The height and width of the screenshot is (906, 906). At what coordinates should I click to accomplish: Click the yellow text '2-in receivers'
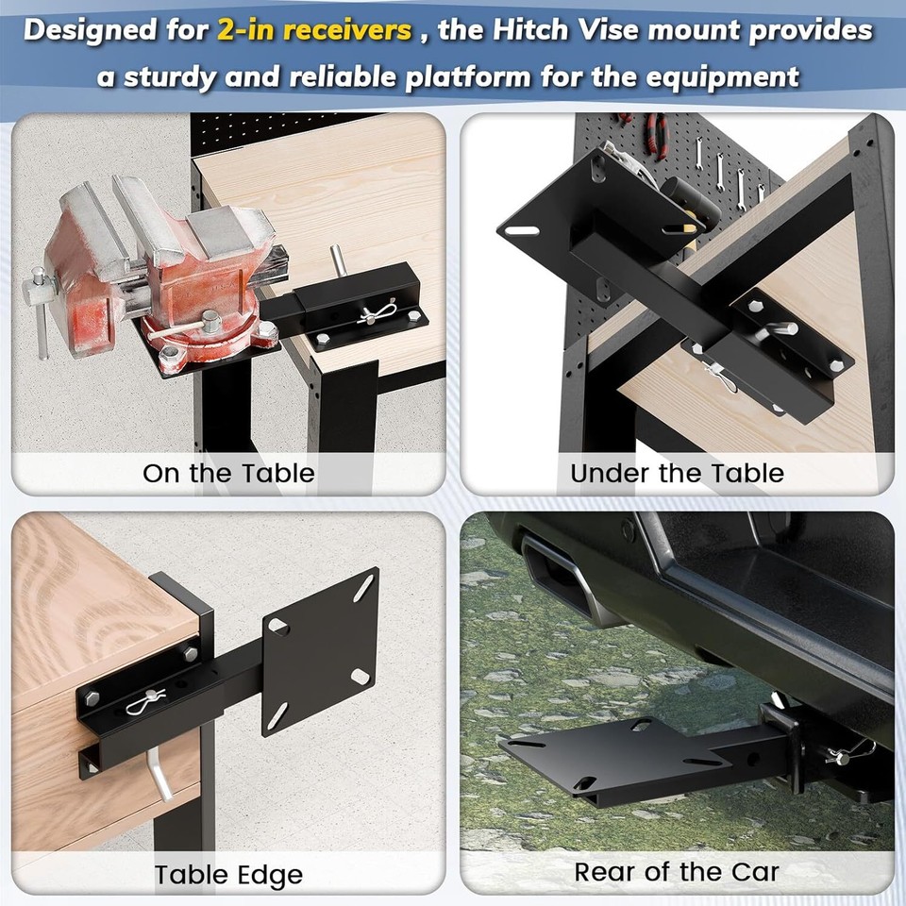click(x=314, y=30)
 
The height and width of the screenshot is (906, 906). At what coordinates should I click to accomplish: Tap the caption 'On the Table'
click(x=228, y=472)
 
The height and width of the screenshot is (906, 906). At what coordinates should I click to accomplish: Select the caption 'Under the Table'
click(x=677, y=472)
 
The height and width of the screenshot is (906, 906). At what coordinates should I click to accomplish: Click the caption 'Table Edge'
click(x=228, y=874)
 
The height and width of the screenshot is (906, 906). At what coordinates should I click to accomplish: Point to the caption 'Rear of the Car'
click(x=677, y=872)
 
